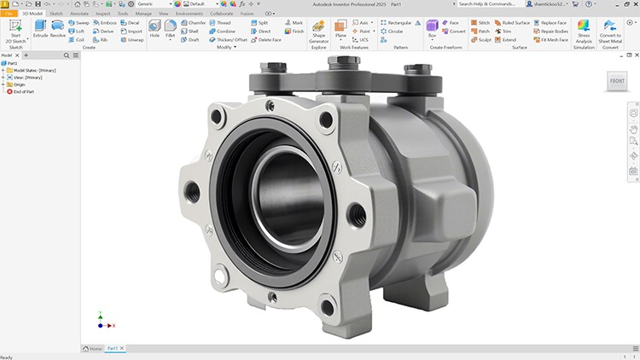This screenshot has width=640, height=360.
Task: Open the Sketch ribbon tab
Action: (56, 14)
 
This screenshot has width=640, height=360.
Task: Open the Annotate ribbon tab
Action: (79, 14)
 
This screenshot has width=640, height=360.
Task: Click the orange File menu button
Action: (9, 14)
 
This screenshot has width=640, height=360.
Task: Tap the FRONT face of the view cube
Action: (616, 81)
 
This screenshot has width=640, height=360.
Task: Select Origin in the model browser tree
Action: (17, 84)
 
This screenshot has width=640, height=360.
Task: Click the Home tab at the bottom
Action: (93, 348)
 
